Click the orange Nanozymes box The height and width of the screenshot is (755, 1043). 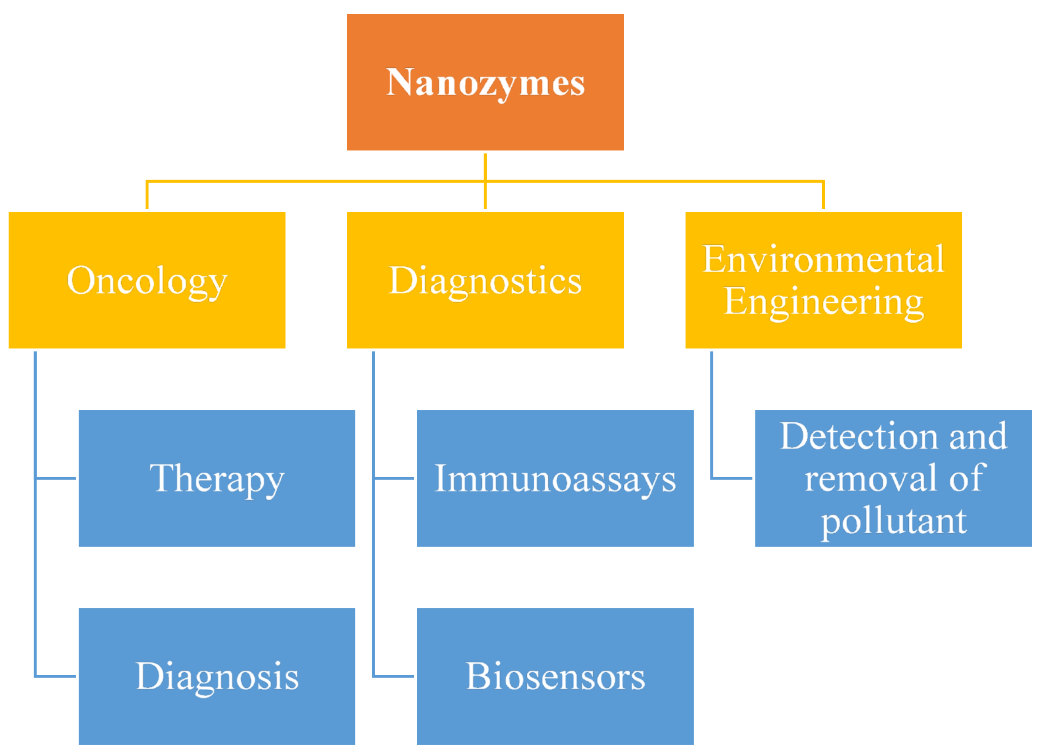point(485,82)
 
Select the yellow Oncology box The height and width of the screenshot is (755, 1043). point(147,280)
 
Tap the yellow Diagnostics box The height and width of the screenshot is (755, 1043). point(485,280)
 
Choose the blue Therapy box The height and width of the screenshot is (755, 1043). point(216,478)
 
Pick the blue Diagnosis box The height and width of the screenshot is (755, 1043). point(216,676)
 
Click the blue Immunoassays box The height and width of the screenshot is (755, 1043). point(555,478)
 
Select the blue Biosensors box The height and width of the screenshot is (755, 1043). point(555,676)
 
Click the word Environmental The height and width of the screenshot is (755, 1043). point(823,259)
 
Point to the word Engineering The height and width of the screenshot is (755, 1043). point(823,302)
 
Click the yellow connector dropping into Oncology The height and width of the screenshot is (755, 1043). point(147,196)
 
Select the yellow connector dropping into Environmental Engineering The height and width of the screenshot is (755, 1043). point(823,196)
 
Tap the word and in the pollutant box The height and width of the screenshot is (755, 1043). point(979,436)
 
